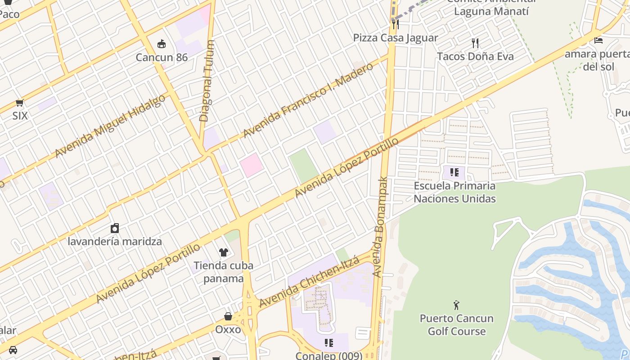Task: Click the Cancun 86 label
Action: (x=162, y=57)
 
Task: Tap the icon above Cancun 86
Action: (x=162, y=44)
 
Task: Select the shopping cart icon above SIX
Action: (x=19, y=103)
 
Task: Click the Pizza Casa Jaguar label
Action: (x=395, y=38)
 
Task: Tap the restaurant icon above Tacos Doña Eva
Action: (x=475, y=43)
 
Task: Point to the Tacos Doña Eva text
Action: (x=475, y=56)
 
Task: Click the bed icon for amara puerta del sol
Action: (x=598, y=40)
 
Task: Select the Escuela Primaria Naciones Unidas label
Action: (x=454, y=192)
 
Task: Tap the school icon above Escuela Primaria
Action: (x=454, y=172)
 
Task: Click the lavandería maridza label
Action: (x=115, y=241)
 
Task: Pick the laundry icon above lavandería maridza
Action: (x=115, y=228)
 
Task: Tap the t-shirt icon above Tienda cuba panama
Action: (x=223, y=252)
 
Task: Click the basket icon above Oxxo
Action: (x=228, y=316)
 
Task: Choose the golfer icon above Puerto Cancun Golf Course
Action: (x=456, y=305)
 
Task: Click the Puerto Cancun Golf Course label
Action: (x=456, y=325)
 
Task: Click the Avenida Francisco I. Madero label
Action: (x=308, y=100)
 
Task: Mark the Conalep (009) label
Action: (x=329, y=355)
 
